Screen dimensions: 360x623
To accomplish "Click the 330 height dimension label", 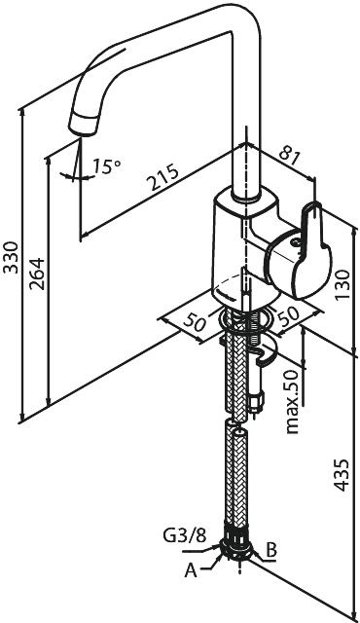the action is pyautogui.click(x=11, y=257).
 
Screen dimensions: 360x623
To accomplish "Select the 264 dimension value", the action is pyautogui.click(x=38, y=274).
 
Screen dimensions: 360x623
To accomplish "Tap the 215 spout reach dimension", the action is pyautogui.click(x=162, y=177).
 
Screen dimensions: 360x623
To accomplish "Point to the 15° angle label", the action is pyautogui.click(x=106, y=166).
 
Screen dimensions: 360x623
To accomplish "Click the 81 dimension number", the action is pyautogui.click(x=289, y=157).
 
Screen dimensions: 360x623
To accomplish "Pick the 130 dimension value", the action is pyautogui.click(x=342, y=285).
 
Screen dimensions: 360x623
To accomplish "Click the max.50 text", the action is pyautogui.click(x=292, y=401).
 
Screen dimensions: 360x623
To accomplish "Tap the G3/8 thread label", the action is pyautogui.click(x=185, y=536).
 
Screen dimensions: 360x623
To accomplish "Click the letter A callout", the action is pyautogui.click(x=191, y=570).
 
